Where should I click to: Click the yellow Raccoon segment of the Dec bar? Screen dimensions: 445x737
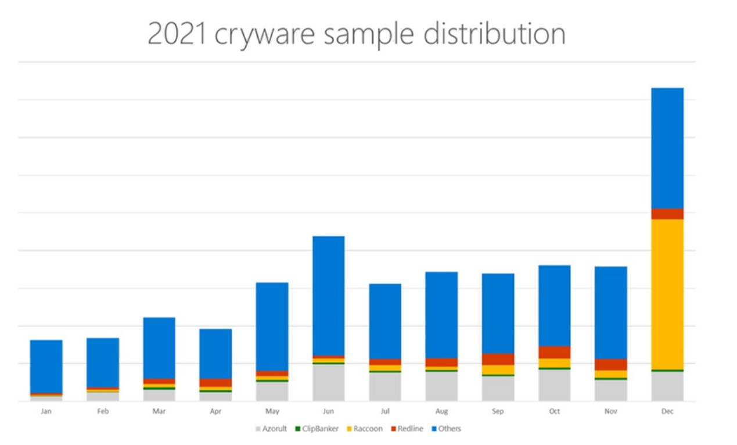667,294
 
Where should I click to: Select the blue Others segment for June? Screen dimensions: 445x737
328,296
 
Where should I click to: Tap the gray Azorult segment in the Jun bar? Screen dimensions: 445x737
328,382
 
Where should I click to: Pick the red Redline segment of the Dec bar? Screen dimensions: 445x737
667,214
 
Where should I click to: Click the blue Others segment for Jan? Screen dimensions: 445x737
46,367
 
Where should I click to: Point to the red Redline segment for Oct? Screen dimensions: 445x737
554,352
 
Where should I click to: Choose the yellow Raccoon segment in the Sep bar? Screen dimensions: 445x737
498,369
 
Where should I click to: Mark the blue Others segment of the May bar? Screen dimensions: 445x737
272,326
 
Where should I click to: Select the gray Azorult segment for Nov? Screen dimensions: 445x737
611,390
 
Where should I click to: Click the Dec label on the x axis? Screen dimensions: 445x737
667,411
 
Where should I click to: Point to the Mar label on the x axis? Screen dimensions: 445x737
159,411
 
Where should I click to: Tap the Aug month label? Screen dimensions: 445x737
441,411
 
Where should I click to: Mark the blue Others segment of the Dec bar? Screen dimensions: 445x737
667,148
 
